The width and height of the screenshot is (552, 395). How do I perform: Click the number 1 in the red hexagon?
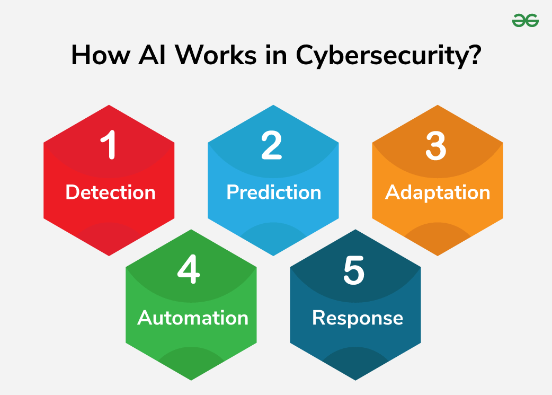click(x=109, y=146)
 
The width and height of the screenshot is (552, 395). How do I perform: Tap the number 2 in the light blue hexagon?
click(x=272, y=146)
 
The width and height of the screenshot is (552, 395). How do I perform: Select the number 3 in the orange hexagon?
click(x=436, y=146)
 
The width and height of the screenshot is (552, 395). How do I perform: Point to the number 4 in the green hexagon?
click(x=189, y=271)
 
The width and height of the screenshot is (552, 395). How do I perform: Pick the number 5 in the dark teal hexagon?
click(x=354, y=271)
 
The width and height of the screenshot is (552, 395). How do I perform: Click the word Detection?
click(x=110, y=192)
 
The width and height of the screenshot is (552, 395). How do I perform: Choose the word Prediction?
click(x=274, y=192)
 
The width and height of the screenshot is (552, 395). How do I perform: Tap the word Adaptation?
click(x=438, y=192)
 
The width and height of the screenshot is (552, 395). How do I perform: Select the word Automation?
click(x=193, y=318)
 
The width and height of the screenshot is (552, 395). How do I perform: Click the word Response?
click(x=358, y=318)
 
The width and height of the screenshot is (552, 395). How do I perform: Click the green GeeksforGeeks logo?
click(x=526, y=21)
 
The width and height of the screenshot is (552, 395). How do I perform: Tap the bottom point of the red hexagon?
click(x=109, y=254)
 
